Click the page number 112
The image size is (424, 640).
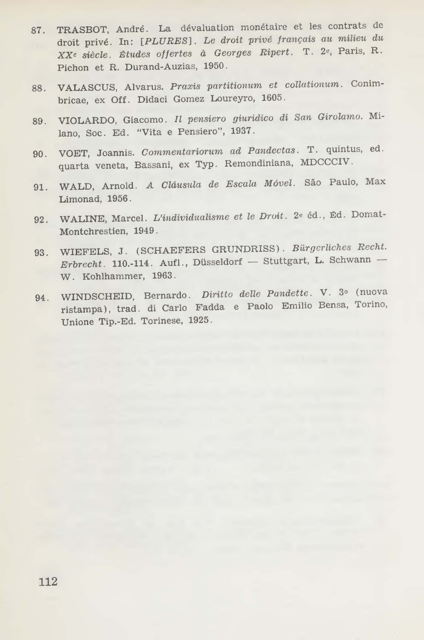pos(48,581)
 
